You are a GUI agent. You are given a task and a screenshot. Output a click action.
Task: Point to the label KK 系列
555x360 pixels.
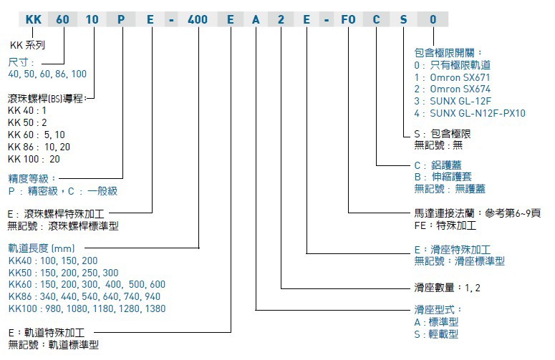coord(27,44)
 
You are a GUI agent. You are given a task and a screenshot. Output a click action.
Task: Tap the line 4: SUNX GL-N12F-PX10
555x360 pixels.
coord(470,113)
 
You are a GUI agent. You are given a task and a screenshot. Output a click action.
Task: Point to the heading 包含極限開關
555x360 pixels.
coord(448,52)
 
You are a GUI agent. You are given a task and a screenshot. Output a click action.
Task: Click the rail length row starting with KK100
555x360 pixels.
coord(87,309)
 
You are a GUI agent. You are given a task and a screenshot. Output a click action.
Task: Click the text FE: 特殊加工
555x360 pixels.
coord(444,225)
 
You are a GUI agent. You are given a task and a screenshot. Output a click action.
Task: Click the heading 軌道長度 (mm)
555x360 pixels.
coord(42,248)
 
